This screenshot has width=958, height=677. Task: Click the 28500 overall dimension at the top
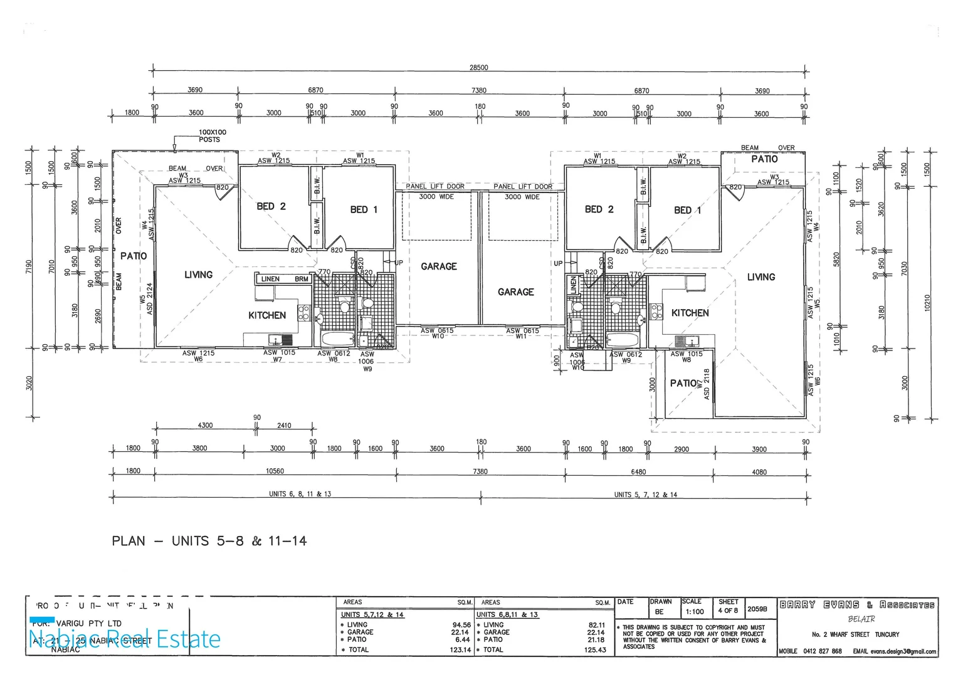(478, 68)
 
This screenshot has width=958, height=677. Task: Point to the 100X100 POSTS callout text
(212, 136)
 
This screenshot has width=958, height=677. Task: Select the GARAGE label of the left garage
(438, 266)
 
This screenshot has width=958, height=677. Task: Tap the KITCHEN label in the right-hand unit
(690, 313)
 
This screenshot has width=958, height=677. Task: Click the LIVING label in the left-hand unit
(198, 275)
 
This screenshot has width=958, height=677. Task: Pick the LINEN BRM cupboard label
(284, 279)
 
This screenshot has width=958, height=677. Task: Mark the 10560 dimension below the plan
(275, 471)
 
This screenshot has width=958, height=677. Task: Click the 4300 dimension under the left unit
(205, 426)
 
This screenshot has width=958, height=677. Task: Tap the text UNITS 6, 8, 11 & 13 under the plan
(300, 494)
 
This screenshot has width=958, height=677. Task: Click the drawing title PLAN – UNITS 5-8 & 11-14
(209, 541)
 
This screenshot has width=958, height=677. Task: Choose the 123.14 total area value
(460, 650)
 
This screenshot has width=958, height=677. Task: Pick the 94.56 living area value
(461, 625)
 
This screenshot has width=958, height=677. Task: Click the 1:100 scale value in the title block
(694, 612)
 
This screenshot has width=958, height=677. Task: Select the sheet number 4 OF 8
(728, 611)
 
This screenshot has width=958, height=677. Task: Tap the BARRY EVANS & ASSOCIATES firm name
(856, 605)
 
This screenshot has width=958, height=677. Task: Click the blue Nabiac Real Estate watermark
(125, 639)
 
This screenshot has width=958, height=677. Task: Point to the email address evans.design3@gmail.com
(903, 652)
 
